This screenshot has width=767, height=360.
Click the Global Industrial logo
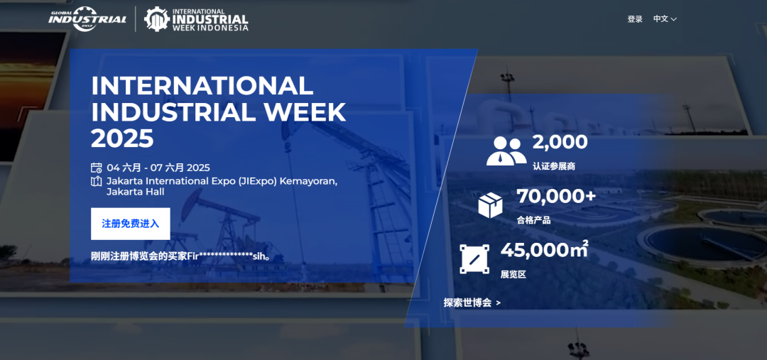click(87, 19)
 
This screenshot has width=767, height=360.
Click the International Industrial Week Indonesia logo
click(196, 19)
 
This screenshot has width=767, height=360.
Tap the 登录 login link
click(635, 19)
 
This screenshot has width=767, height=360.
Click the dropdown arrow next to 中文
click(673, 20)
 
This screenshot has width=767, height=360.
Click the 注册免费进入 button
click(131, 224)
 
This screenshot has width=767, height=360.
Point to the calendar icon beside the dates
click(97, 168)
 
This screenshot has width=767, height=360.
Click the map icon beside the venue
click(97, 182)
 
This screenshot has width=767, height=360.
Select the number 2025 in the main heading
click(122, 138)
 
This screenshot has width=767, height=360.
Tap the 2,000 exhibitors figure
click(560, 142)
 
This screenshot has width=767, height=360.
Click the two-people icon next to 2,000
click(506, 151)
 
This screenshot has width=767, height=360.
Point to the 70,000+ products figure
click(556, 196)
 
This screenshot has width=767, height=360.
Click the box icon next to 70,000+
click(490, 205)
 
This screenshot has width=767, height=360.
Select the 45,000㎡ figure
click(544, 250)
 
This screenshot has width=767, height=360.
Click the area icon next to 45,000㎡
click(474, 259)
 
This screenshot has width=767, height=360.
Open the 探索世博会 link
click(472, 302)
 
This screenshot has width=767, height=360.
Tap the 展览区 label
click(513, 274)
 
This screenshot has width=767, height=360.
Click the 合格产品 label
click(533, 220)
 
